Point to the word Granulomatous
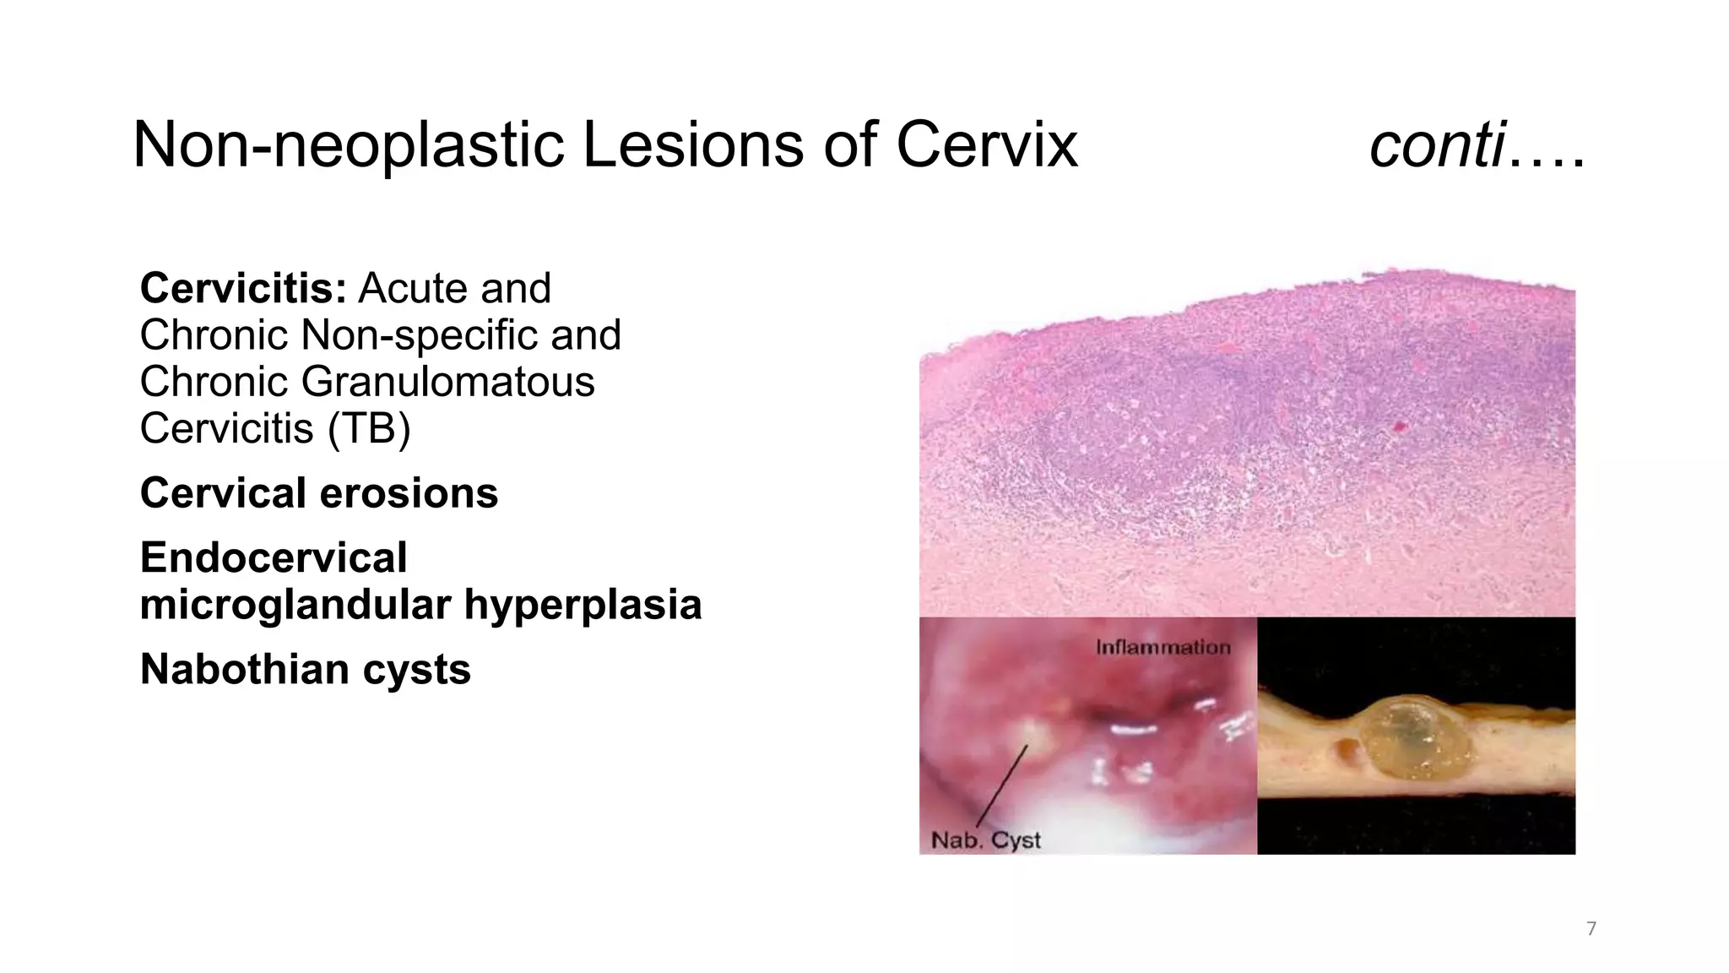tap(447, 382)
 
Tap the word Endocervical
tap(274, 558)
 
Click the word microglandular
tap(295, 605)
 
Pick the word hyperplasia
tap(583, 605)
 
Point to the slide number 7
tap(1591, 929)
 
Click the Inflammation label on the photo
tap(1163, 648)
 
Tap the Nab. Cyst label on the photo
tap(985, 840)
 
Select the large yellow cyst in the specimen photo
tap(1417, 737)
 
